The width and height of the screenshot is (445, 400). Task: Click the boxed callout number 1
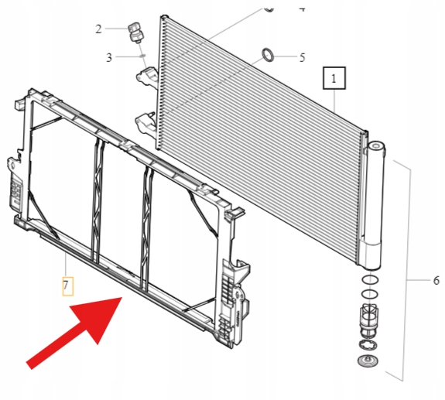pos(334,78)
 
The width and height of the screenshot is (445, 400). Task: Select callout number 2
pos(98,29)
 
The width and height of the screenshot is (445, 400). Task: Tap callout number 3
pos(109,57)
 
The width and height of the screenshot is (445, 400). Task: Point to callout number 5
pos(303,57)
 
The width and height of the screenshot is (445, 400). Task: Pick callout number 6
pos(436,281)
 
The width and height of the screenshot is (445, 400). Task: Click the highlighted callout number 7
pos(68,286)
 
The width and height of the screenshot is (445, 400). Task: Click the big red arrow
pos(74,333)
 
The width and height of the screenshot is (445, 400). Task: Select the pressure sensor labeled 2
pos(136,33)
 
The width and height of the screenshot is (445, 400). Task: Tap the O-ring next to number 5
pos(267,55)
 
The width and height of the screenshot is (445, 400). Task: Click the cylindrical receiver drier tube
pos(374,206)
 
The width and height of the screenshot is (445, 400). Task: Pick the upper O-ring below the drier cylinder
pos(370,280)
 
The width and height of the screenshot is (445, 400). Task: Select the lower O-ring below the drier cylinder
pos(370,294)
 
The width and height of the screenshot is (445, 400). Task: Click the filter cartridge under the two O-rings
pos(369,320)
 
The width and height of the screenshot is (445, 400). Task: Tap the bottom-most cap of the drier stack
pos(368,361)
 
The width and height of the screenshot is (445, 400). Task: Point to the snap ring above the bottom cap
pos(368,346)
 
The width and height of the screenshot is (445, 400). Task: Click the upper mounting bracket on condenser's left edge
pos(148,76)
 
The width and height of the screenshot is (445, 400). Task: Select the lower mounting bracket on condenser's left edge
pos(146,122)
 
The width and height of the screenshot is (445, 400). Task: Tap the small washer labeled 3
pos(143,56)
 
